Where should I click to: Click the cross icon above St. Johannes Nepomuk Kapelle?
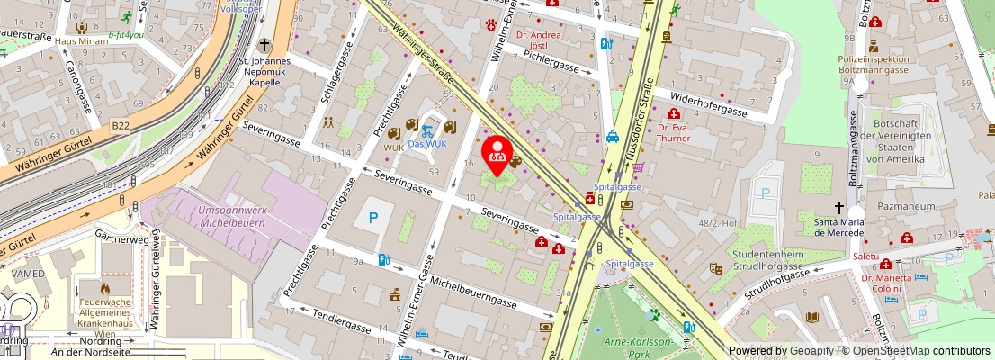pyautogui.click(x=264, y=44)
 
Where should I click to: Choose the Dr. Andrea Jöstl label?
pyautogui.click(x=541, y=40)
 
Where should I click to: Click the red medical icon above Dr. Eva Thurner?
pyautogui.click(x=673, y=113)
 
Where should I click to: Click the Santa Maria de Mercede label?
pyautogui.click(x=838, y=226)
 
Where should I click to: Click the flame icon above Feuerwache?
pyautogui.click(x=104, y=290)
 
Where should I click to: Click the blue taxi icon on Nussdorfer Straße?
pyautogui.click(x=612, y=138)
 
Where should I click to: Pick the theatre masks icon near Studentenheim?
pyautogui.click(x=716, y=268)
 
